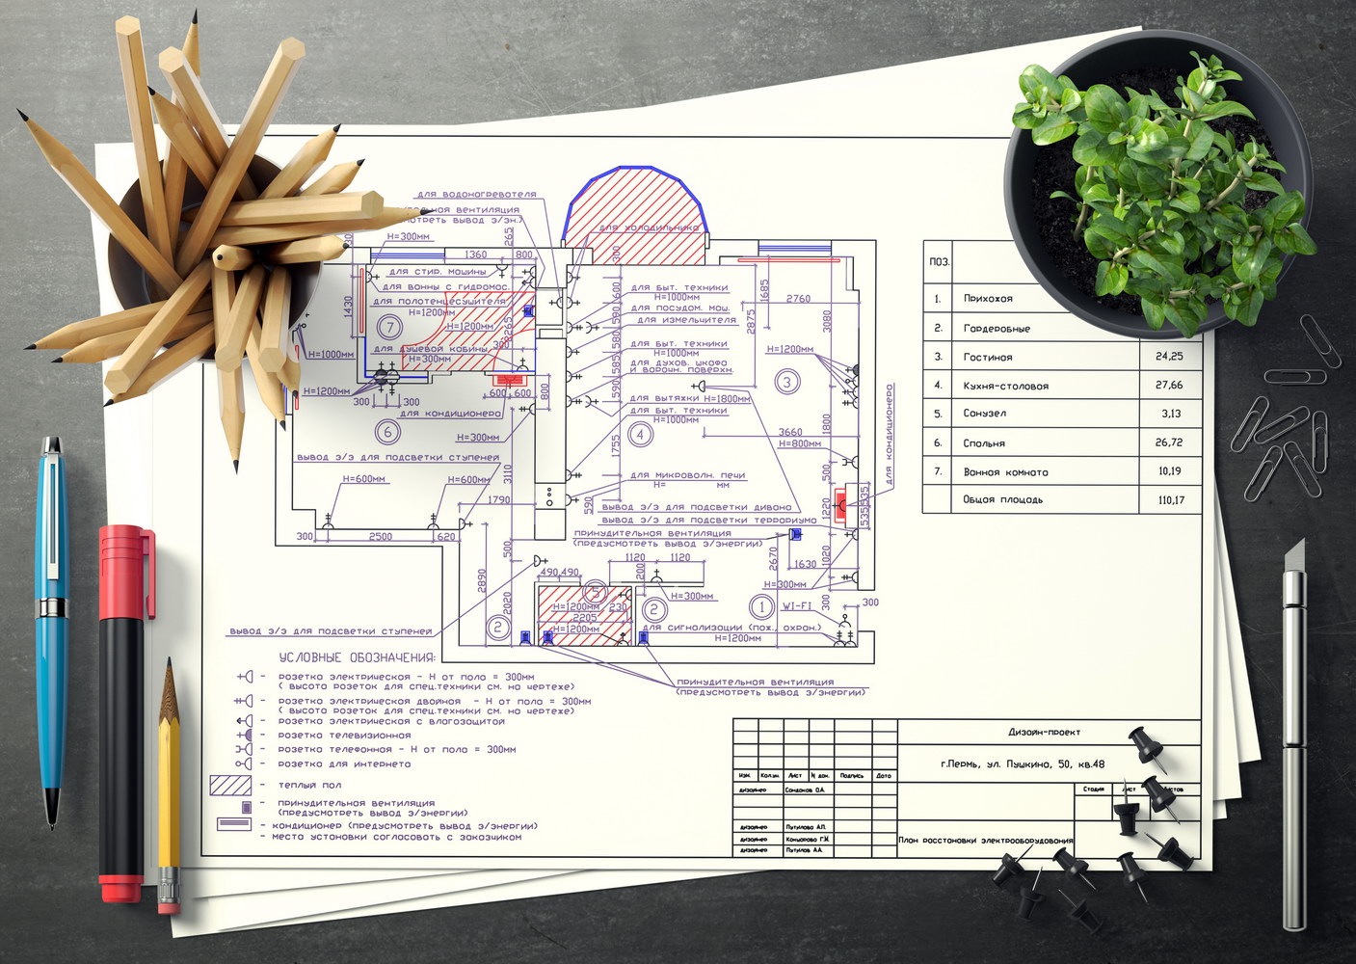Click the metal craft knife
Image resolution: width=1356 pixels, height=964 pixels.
point(1293,733)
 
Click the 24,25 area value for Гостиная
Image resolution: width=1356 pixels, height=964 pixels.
point(1169,357)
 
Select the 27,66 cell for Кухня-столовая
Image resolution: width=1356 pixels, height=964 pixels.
point(1169,386)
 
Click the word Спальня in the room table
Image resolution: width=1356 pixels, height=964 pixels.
point(984,443)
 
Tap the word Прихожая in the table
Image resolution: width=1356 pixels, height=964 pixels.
point(988,299)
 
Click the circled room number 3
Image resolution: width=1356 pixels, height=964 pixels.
point(786,382)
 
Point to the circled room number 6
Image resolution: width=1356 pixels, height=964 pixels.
point(387,432)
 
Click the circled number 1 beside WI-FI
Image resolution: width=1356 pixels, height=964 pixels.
point(761,607)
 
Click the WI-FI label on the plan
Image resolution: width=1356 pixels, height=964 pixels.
point(796,606)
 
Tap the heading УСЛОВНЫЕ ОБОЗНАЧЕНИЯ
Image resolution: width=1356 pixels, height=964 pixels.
point(357,657)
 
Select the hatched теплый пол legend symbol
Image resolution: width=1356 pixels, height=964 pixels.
point(230,786)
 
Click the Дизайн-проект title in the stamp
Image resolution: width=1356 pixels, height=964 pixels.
point(1044,733)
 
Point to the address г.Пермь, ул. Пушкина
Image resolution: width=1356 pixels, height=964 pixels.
point(1023,764)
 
